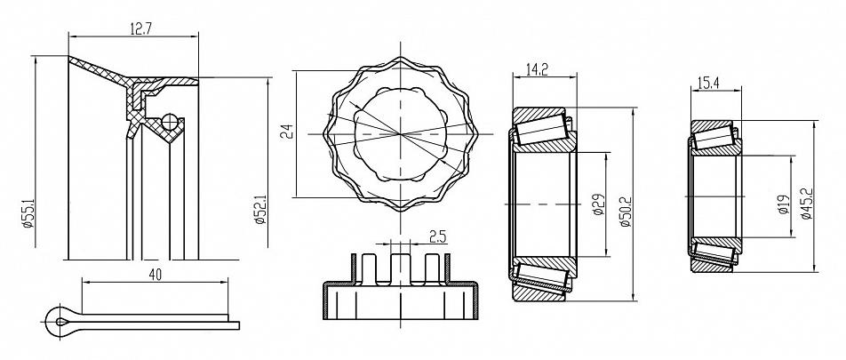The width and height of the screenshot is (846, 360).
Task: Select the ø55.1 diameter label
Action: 29,213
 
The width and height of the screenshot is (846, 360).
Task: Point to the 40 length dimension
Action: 155,276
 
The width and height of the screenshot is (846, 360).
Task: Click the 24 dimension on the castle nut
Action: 289,132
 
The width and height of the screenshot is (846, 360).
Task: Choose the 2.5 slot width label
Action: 437,236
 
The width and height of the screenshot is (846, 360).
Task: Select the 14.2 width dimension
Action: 536,69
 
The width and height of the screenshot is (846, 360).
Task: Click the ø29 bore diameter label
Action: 597,204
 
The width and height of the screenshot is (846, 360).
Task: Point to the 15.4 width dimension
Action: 709,83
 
